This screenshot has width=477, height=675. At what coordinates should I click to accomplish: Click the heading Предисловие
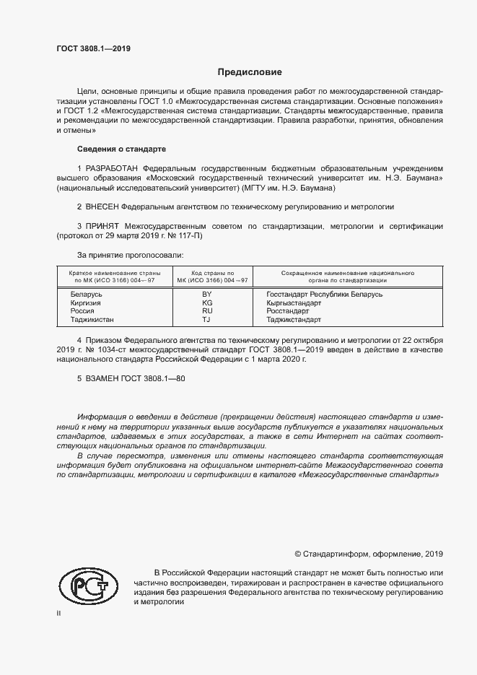pyautogui.click(x=250, y=72)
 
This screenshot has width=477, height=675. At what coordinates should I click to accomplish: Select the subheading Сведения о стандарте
pyautogui.click(x=121, y=149)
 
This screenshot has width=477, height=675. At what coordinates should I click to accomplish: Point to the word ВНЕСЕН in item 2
pyautogui.click(x=101, y=206)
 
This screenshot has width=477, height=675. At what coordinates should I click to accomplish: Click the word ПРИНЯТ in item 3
pyautogui.click(x=103, y=226)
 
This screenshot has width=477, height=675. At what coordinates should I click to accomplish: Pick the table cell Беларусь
pyautogui.click(x=87, y=295)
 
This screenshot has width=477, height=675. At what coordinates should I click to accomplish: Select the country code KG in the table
pyautogui.click(x=206, y=302)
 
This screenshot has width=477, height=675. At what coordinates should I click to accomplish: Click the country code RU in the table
pyautogui.click(x=206, y=310)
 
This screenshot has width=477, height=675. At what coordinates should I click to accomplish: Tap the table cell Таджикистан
pyautogui.click(x=92, y=318)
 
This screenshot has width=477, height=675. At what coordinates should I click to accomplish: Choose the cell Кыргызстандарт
pyautogui.click(x=294, y=302)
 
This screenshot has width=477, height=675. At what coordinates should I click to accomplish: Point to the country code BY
pyautogui.click(x=206, y=295)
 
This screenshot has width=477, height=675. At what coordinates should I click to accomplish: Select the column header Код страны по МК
pyautogui.click(x=206, y=276)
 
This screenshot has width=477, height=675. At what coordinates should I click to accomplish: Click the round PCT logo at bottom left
pyautogui.click(x=88, y=586)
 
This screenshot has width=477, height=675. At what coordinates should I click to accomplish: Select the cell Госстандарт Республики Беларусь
pyautogui.click(x=324, y=295)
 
